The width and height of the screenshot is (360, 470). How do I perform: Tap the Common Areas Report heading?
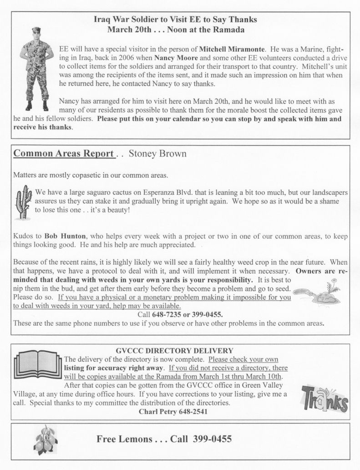coord(64,153)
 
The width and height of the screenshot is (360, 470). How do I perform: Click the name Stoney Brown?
coord(158,153)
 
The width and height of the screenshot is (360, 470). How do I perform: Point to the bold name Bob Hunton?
coord(63,237)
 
